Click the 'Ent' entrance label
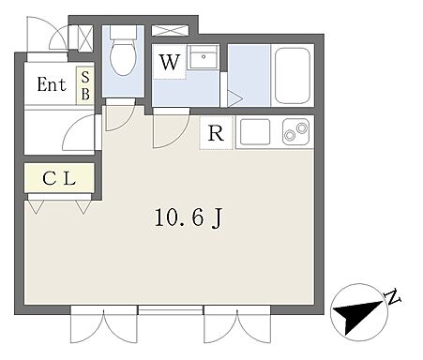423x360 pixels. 51,85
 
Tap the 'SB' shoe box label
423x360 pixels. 85,85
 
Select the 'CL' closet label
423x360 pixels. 58,178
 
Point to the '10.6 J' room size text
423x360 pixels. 189,218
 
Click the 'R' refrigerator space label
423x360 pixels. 216,133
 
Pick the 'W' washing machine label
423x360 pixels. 170,65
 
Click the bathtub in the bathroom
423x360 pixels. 291,76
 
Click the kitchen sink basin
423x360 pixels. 254,132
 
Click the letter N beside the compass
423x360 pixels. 392,299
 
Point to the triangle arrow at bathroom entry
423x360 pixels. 234,97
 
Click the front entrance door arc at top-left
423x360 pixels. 56,36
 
